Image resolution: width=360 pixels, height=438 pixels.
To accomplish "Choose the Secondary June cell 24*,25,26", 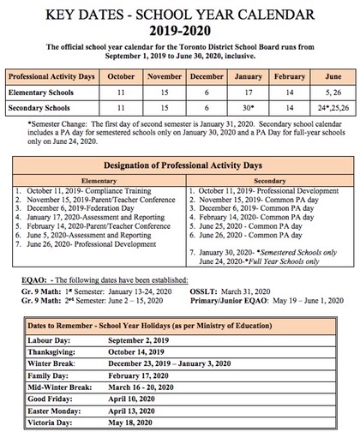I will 327,109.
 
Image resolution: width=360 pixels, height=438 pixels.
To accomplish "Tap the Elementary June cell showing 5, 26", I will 327,92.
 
